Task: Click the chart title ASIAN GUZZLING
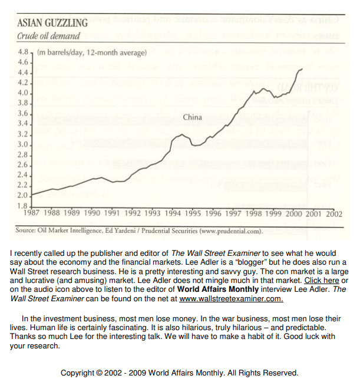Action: [x=52, y=24]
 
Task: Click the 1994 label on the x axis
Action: [x=173, y=213]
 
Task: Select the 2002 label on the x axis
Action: [x=333, y=213]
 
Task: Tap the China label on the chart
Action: [x=192, y=117]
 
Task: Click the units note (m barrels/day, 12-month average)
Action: [x=91, y=53]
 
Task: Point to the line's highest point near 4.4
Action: [x=302, y=69]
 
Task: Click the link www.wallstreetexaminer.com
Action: [x=231, y=299]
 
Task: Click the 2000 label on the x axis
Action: [x=293, y=213]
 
